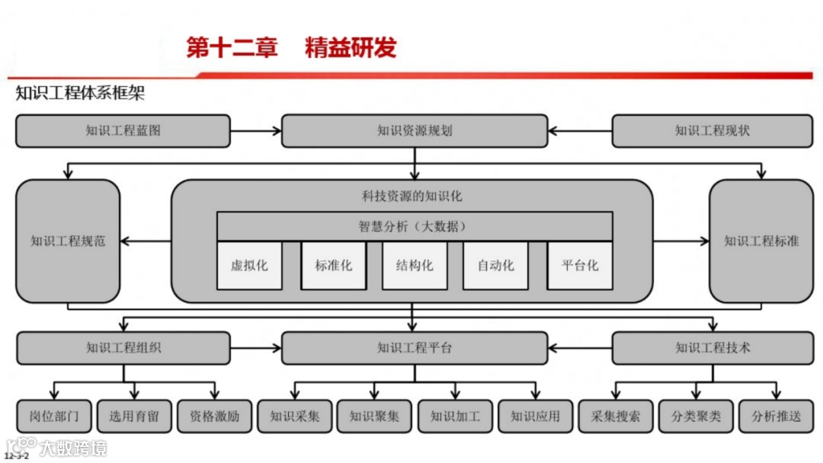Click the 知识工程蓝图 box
(123, 131)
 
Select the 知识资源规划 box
(415, 131)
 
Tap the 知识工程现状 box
(713, 131)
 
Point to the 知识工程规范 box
(68, 241)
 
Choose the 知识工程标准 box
(761, 241)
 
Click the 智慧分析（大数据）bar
(415, 226)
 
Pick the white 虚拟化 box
(249, 266)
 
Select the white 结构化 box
(415, 266)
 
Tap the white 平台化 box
(580, 266)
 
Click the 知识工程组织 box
(123, 348)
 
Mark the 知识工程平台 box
(415, 348)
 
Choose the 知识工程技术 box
(713, 348)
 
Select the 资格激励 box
(214, 417)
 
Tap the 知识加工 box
(455, 417)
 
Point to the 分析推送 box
(777, 417)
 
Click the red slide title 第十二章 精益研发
(292, 48)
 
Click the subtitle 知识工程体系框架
(80, 94)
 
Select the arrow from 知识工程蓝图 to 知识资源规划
(255, 131)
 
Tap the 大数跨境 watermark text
(73, 448)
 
